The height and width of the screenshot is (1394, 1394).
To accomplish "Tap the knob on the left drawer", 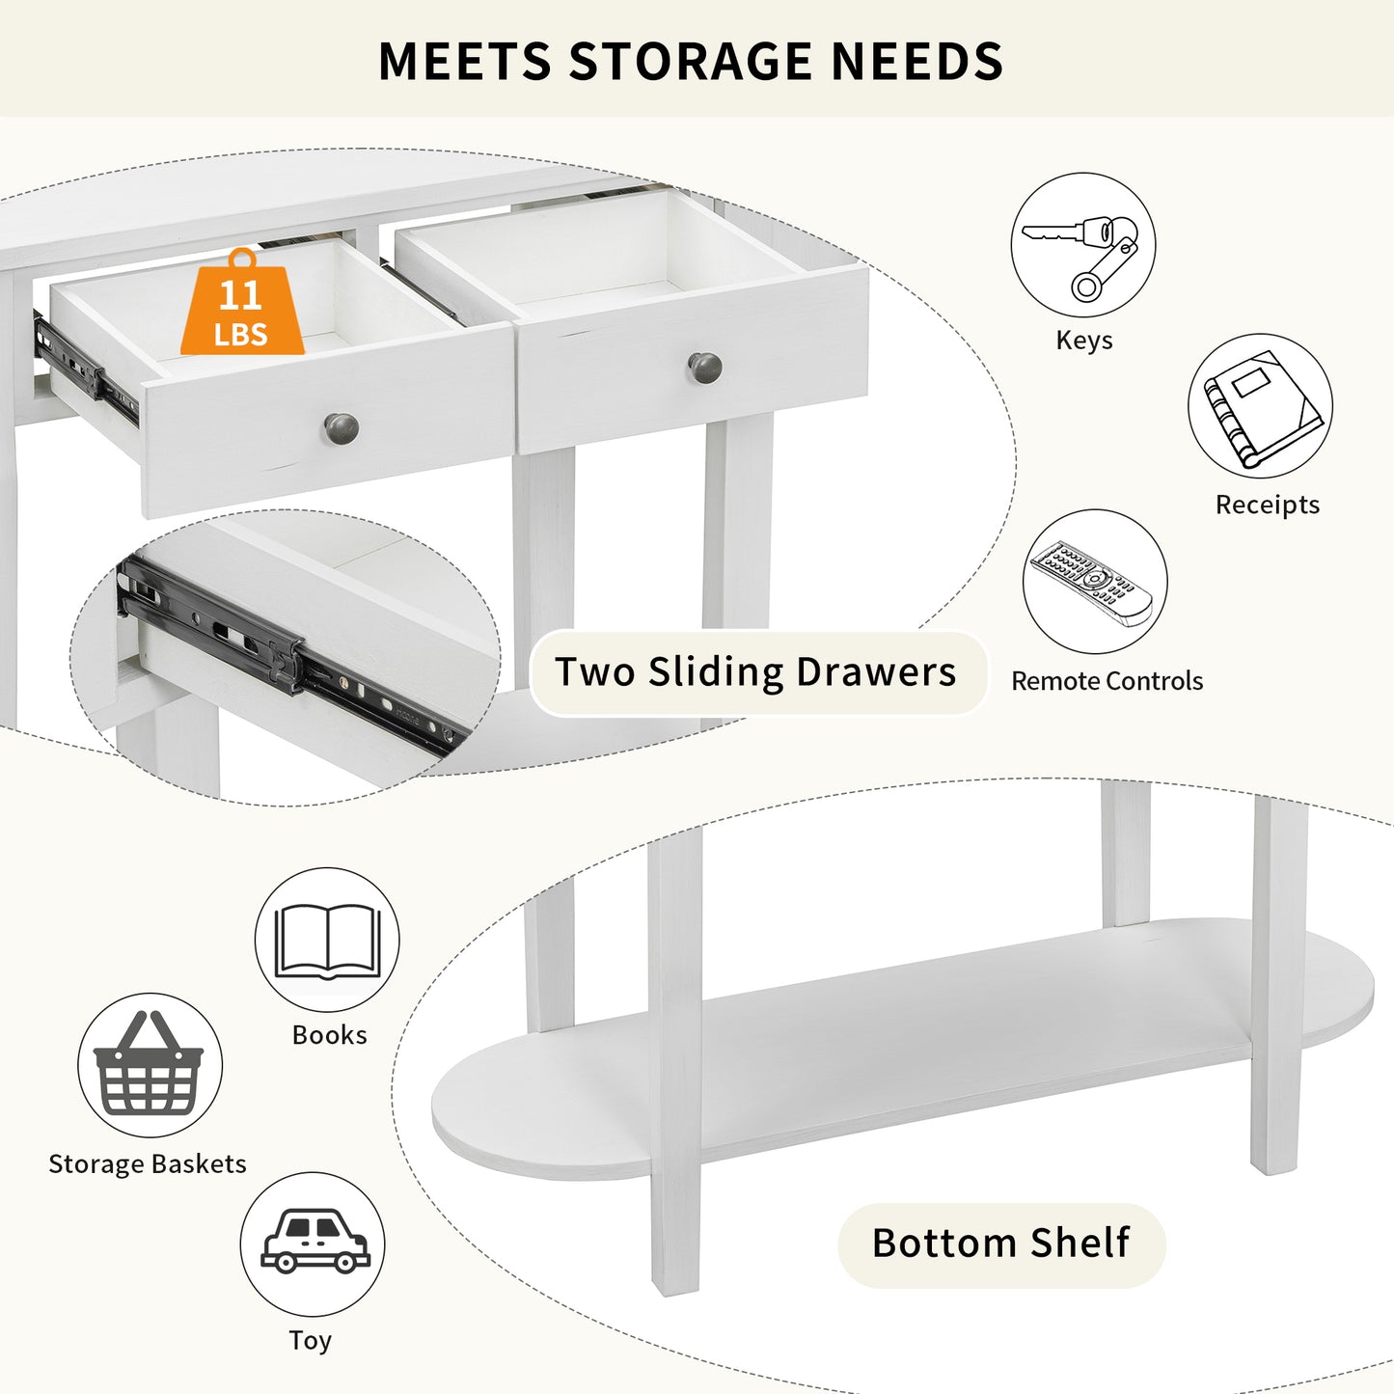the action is point(342,429).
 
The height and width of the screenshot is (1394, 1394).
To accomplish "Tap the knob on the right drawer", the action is point(704,369).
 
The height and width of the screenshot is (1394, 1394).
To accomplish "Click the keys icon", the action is point(1080,257).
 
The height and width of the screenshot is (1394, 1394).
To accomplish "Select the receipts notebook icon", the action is point(1263,408).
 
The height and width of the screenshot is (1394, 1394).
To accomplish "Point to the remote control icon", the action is point(1092,583).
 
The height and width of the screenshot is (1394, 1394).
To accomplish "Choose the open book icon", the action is point(328,941).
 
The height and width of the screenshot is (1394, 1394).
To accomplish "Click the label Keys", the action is point(1083,340).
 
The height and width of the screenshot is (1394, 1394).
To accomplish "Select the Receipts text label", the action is point(1268,505).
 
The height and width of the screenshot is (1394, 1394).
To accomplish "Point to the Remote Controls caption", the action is point(1107,681).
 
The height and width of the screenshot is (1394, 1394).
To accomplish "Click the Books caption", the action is point(330,1035).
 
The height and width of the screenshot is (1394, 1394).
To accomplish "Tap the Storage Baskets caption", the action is point(148,1164).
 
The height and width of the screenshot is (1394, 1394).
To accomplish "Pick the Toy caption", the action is point(311,1341).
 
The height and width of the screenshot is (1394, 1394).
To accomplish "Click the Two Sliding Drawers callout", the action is point(757,672).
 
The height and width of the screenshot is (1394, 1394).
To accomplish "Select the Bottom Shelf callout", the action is point(1001,1243).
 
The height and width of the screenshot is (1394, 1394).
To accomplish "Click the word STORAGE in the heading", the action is point(690,61).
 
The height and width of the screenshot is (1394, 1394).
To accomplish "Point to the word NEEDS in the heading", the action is point(917,61).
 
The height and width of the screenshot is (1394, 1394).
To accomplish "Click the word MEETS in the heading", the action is point(465,61).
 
